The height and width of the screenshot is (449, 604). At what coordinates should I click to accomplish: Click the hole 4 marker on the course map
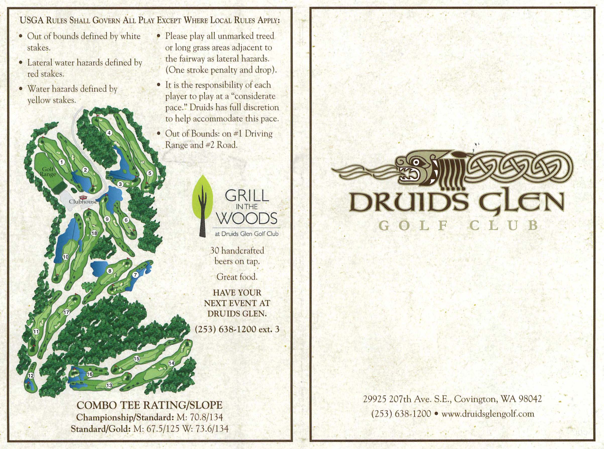(x=109, y=133)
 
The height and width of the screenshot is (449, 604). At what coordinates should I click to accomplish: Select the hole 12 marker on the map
(x=31, y=376)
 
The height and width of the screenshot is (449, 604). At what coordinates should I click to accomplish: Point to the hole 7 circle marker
(x=135, y=275)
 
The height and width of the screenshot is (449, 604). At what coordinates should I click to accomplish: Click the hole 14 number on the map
(x=171, y=363)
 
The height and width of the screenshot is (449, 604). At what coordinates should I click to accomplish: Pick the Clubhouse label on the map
(x=83, y=202)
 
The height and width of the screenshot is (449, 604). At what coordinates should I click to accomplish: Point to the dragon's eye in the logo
(x=416, y=163)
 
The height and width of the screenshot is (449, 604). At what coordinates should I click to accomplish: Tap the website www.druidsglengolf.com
(x=488, y=414)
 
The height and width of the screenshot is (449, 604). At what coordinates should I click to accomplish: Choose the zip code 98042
(x=530, y=399)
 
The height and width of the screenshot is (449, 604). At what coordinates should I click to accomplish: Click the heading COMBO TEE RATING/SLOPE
(x=149, y=405)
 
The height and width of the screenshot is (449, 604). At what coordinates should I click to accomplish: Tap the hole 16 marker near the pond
(x=90, y=374)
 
